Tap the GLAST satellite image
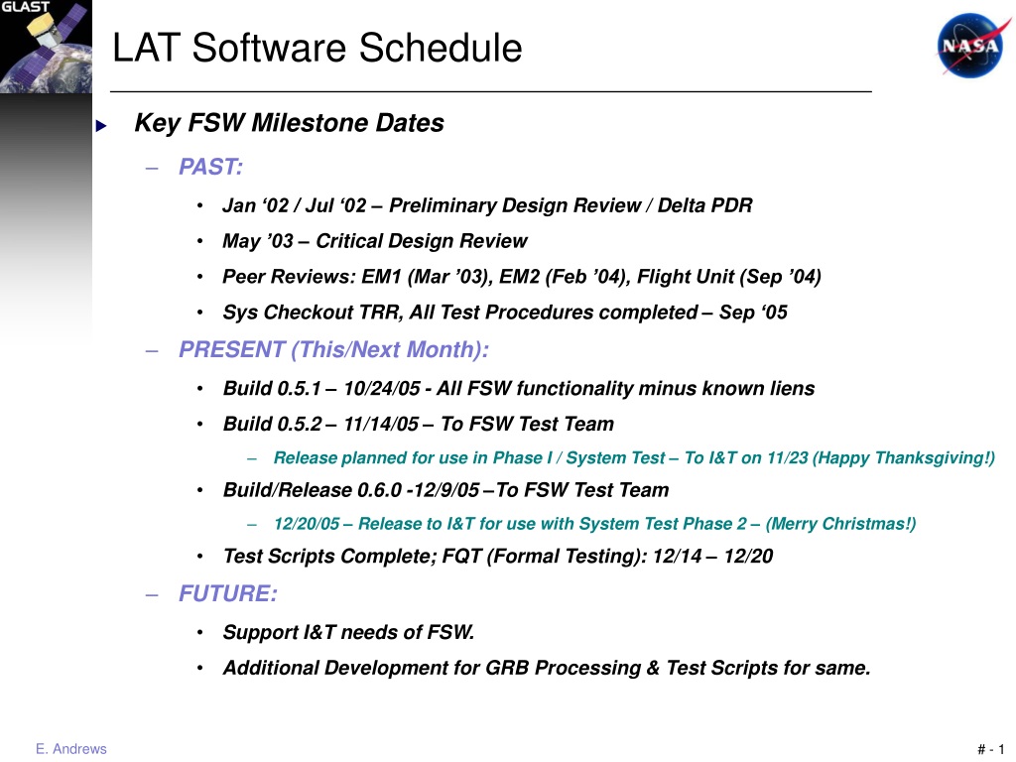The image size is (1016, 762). pyautogui.click(x=46, y=47)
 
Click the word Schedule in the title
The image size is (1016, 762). pyautogui.click(x=440, y=48)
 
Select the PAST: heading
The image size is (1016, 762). pyautogui.click(x=210, y=167)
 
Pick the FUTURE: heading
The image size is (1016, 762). pyautogui.click(x=228, y=593)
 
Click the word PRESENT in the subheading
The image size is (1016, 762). pyautogui.click(x=232, y=349)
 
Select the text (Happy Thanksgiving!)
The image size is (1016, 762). pyautogui.click(x=904, y=458)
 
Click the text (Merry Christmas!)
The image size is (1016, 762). pyautogui.click(x=840, y=524)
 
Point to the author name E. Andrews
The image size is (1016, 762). pyautogui.click(x=71, y=749)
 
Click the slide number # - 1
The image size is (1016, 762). pyautogui.click(x=991, y=750)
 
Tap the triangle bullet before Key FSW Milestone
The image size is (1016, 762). pyautogui.click(x=101, y=126)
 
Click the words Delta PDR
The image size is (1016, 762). pyautogui.click(x=705, y=205)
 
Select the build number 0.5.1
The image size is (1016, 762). pyautogui.click(x=299, y=388)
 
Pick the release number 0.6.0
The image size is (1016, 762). pyautogui.click(x=380, y=490)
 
